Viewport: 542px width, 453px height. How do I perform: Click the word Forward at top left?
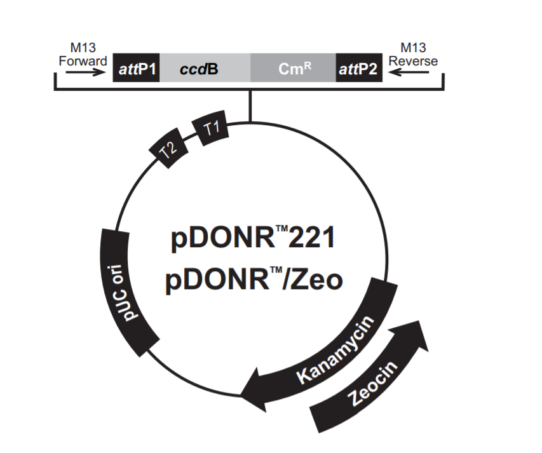pyautogui.click(x=83, y=61)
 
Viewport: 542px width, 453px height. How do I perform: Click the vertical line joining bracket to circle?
pyautogui.click(x=250, y=105)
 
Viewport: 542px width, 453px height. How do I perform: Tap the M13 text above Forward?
pyautogui.click(x=83, y=48)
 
